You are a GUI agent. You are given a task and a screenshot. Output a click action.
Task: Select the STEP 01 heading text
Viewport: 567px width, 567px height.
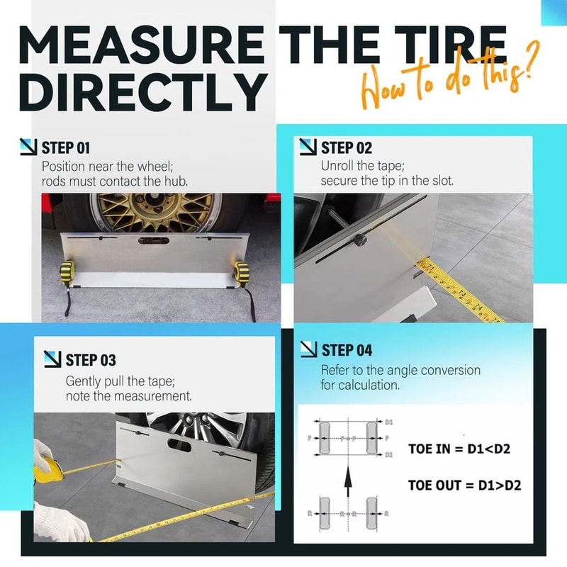click(x=66, y=148)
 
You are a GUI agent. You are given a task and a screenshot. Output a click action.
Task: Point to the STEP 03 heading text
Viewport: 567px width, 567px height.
click(x=90, y=361)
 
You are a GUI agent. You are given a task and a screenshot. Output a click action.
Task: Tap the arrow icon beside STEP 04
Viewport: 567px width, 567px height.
click(x=308, y=349)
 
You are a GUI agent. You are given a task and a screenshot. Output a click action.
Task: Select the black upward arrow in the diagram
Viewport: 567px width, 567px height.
click(x=348, y=485)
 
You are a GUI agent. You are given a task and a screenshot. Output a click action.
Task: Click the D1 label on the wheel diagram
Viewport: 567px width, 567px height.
click(x=388, y=422)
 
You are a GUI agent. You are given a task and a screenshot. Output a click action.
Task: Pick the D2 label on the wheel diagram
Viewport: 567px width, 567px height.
click(x=388, y=454)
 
